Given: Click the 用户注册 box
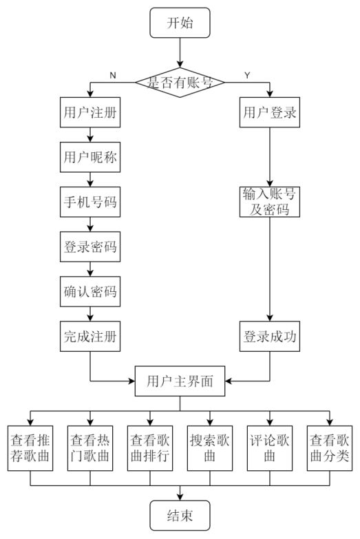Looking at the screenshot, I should [91, 114].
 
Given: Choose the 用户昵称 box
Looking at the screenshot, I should [91, 158].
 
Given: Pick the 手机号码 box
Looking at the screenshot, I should [91, 203].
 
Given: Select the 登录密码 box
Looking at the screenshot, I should [91, 248].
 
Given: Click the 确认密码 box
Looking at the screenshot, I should [91, 293].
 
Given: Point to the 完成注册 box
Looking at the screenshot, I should [91, 337].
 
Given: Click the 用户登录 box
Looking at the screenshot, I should [270, 114].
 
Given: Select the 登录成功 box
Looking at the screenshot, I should [270, 337].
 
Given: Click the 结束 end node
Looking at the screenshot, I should [180, 514].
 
